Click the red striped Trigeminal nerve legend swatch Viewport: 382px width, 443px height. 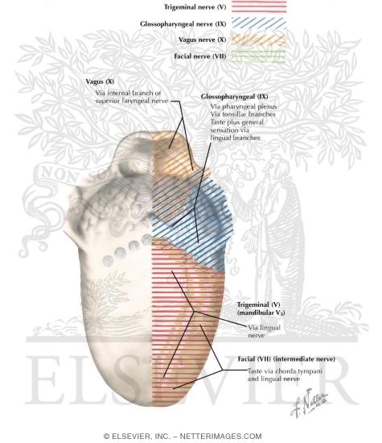pyautogui.click(x=259, y=6)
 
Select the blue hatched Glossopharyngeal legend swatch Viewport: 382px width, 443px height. pyautogui.click(x=259, y=23)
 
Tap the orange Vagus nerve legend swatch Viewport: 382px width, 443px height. pyautogui.click(x=259, y=39)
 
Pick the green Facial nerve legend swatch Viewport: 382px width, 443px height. pyautogui.click(x=259, y=56)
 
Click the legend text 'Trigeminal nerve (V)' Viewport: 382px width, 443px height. pyautogui.click(x=195, y=7)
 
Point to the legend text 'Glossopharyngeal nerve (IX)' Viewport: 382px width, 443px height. pyautogui.click(x=183, y=24)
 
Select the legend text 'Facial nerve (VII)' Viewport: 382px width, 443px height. pyautogui.click(x=200, y=56)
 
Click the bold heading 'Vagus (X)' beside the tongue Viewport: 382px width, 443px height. pyautogui.click(x=100, y=81)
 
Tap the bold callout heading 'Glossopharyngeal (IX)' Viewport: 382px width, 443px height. pyautogui.click(x=235, y=97)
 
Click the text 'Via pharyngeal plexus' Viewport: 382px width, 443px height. pyautogui.click(x=244, y=106)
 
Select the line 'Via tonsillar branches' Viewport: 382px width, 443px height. pyautogui.click(x=243, y=114)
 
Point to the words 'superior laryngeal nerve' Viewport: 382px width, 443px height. pyautogui.click(x=132, y=101)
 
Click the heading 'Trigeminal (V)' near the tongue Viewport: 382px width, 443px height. pyautogui.click(x=258, y=304)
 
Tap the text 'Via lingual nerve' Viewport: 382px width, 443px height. pyautogui.click(x=264, y=331)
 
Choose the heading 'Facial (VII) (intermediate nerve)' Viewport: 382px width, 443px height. pyautogui.click(x=286, y=358)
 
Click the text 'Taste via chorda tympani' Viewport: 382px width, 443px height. pyautogui.click(x=285, y=371)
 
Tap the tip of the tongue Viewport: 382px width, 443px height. pyautogui.click(x=153, y=405)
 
